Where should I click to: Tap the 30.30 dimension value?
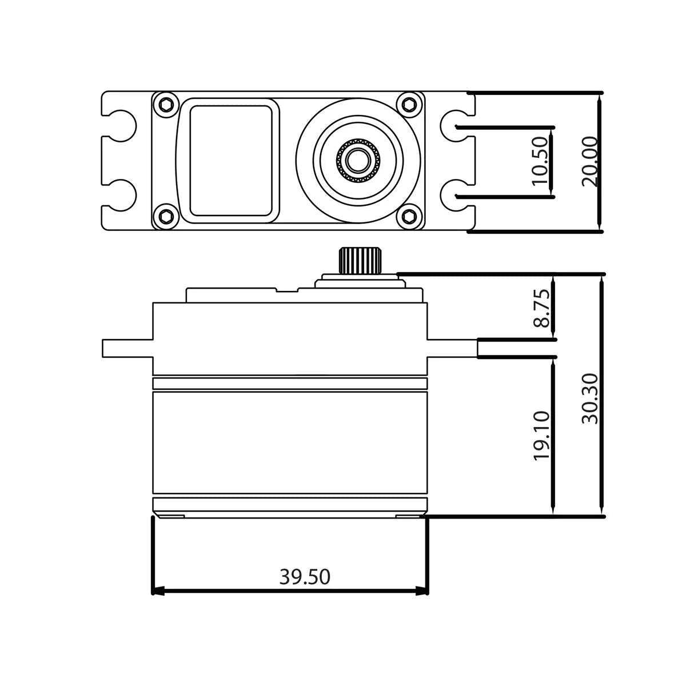[x=590, y=398]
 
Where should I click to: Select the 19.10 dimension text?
[x=541, y=436]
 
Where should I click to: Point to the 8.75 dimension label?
[x=541, y=308]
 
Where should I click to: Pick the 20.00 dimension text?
[x=590, y=161]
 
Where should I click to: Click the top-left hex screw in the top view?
[x=166, y=105]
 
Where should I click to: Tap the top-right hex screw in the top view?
[x=409, y=105]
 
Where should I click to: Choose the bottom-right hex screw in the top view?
[x=409, y=216]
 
